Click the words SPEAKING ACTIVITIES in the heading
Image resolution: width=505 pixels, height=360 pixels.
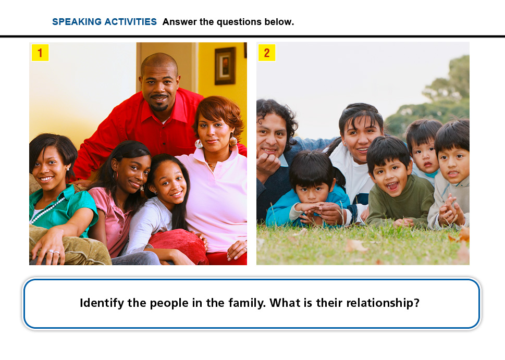point(104,21)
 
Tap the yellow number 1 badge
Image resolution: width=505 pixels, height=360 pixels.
point(40,53)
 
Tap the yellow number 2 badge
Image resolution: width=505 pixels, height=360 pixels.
point(267,53)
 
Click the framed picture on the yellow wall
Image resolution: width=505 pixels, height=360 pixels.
point(225,66)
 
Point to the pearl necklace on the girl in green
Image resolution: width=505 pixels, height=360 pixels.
point(47,210)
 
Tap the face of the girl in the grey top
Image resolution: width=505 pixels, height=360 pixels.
point(169,184)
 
